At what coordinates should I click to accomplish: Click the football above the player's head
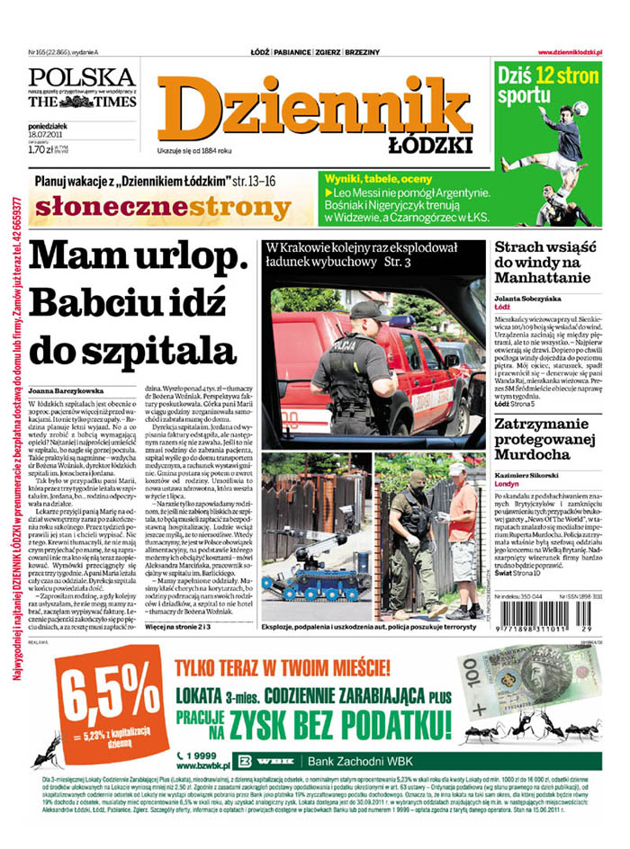[x=580, y=108]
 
